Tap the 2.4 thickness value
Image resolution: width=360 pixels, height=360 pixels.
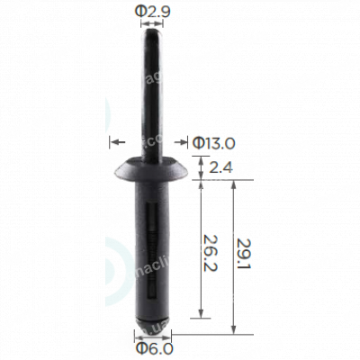[x=218, y=166]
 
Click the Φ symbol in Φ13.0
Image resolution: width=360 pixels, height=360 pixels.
[x=198, y=141]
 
